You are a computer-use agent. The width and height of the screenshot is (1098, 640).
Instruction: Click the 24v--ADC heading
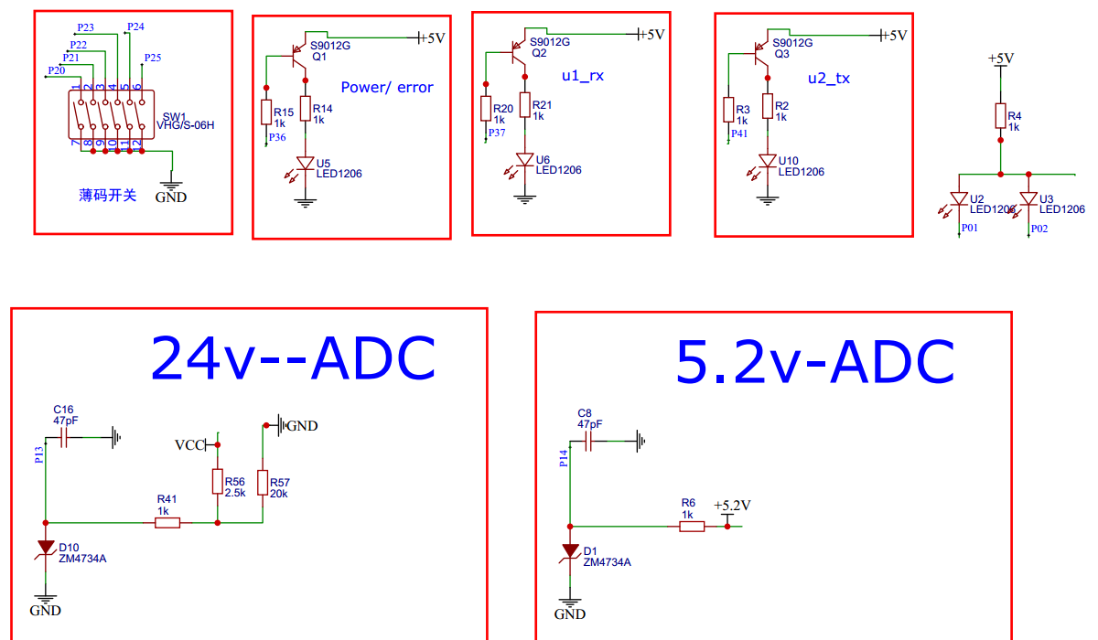(292, 358)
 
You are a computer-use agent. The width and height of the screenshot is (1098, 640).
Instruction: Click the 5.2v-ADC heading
(814, 362)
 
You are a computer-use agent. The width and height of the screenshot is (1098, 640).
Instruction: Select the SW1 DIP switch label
(174, 117)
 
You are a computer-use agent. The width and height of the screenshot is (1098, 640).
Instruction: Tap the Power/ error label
(387, 88)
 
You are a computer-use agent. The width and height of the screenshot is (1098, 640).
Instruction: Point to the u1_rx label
(583, 76)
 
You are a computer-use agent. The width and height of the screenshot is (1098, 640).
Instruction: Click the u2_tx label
(828, 79)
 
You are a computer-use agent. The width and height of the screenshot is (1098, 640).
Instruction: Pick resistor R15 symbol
(266, 112)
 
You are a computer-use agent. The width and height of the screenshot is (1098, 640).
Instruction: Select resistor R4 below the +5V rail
(999, 116)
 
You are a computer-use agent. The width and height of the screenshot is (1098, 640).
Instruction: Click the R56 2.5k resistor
(217, 482)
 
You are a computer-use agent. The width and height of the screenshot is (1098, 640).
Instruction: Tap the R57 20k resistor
(264, 482)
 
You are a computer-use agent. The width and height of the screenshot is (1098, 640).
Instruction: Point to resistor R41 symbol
(167, 523)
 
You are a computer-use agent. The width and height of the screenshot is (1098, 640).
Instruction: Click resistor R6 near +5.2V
(692, 527)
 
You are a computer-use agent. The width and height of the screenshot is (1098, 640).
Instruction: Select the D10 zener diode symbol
(46, 547)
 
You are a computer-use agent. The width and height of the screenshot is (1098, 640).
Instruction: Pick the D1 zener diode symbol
(571, 550)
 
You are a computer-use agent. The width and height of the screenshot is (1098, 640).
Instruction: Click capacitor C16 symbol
(64, 438)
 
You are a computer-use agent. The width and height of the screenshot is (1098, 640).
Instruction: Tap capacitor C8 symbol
(589, 442)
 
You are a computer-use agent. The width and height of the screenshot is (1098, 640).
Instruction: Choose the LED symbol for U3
(1029, 198)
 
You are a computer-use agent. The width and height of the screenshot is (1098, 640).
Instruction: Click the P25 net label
(152, 58)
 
